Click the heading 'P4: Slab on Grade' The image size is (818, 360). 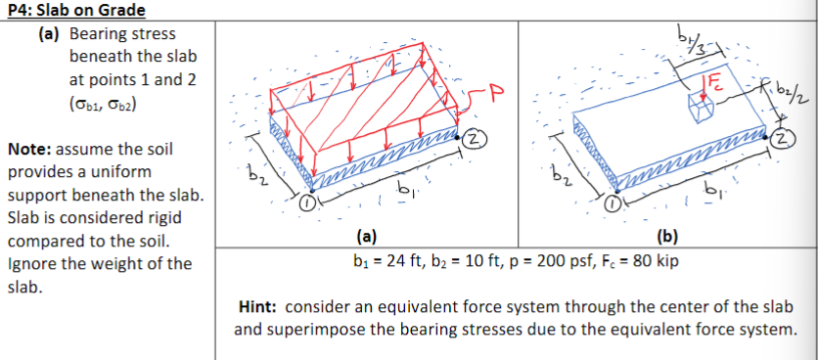tap(74, 10)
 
